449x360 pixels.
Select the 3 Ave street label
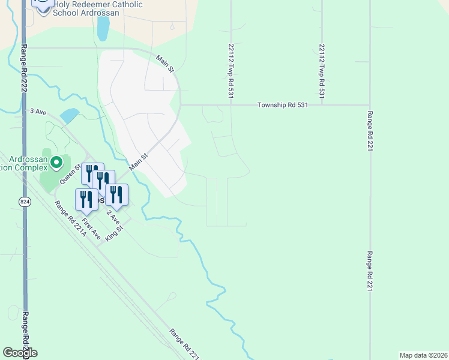tap(38, 111)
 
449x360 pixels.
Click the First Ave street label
tap(91, 230)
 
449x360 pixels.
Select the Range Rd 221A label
tap(70, 220)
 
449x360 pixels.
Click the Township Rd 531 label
tap(282, 104)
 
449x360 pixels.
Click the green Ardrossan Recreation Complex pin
tap(56, 162)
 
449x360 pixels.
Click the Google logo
tap(20, 352)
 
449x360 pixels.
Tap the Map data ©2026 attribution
tap(423, 355)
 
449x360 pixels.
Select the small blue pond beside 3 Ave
tap(69, 115)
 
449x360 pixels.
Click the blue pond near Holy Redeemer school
tap(103, 28)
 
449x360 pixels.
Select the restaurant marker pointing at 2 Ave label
tap(116, 194)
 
